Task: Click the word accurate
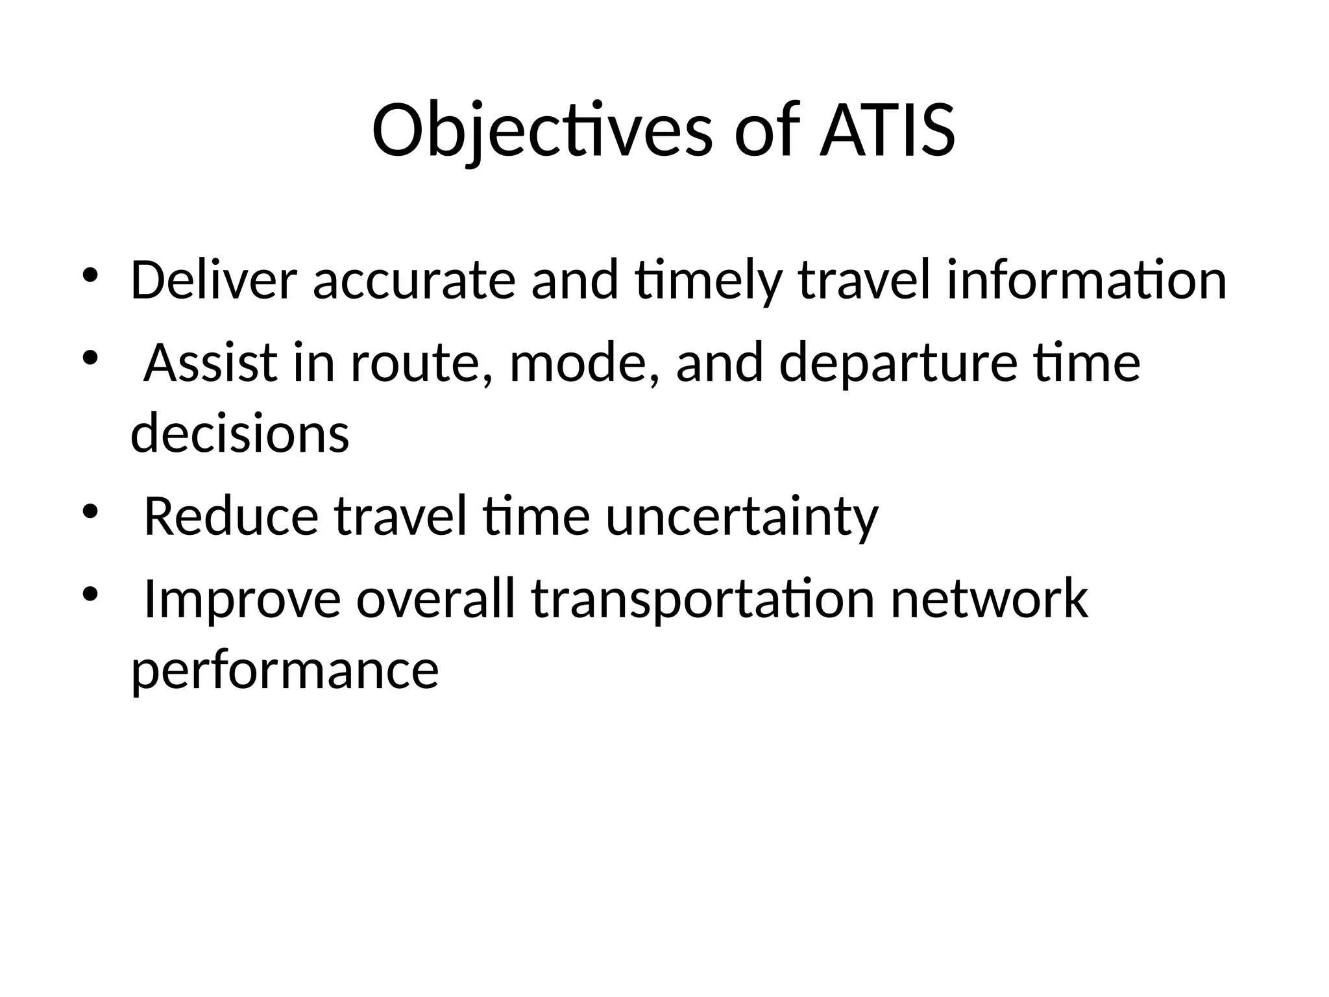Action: point(414,280)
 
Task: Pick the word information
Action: point(1086,280)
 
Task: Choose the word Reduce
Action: point(231,517)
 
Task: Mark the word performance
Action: point(285,671)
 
